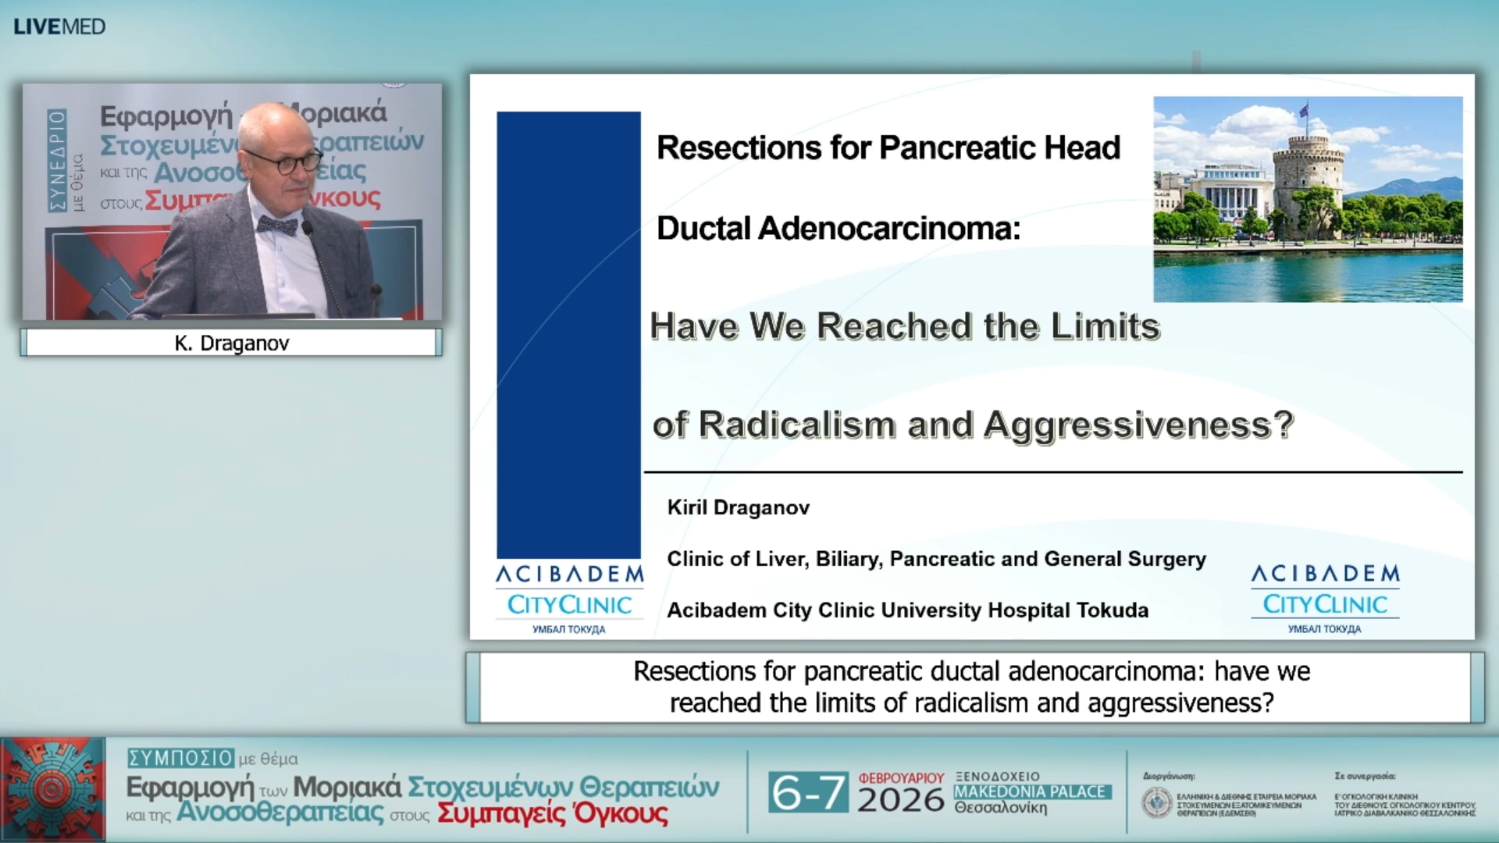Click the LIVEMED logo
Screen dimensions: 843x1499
tap(59, 27)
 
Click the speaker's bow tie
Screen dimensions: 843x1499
tap(277, 226)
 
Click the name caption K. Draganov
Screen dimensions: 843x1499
tap(232, 343)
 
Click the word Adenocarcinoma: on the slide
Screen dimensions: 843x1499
tap(889, 229)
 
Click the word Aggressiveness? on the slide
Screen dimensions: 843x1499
tap(1138, 425)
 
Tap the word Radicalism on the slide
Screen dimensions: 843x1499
tap(797, 425)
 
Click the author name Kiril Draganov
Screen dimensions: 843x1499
tap(739, 508)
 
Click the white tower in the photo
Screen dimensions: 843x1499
tap(1307, 183)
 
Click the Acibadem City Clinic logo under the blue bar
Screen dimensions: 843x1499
tap(569, 598)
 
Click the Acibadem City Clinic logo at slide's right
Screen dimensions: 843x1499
tap(1325, 598)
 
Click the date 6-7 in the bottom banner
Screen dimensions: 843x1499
tap(807, 793)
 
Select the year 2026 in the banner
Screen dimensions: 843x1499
tap(900, 801)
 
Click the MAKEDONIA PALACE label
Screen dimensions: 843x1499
tap(1030, 791)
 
